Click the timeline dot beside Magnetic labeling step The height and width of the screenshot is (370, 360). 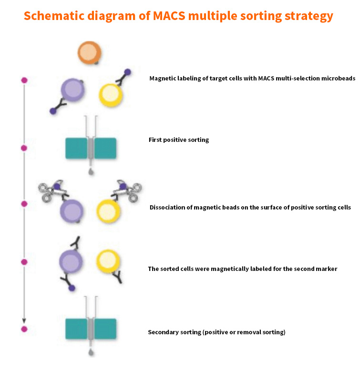point(24,80)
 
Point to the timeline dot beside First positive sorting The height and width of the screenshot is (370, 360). point(24,148)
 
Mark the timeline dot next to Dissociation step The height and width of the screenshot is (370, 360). point(24,204)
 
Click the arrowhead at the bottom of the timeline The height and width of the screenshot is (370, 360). point(24,320)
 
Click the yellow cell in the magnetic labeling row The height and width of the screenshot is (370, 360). point(111,94)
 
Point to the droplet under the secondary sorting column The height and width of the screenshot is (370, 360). point(91,353)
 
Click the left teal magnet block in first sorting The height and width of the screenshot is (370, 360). point(76,148)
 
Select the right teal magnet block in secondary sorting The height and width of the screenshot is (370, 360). point(105,329)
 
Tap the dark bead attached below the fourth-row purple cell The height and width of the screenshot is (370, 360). point(71,288)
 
